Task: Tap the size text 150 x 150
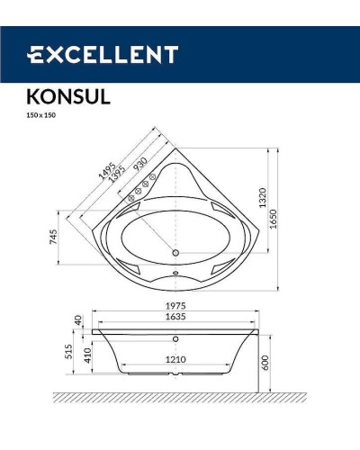coord(40,114)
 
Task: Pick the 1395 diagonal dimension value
coord(118,175)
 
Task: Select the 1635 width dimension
coord(176,319)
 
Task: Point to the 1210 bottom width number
coord(176,360)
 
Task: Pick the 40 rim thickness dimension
coord(78,320)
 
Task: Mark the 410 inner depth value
coord(87,355)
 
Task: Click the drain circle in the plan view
coord(176,253)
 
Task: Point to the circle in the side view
coord(176,339)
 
